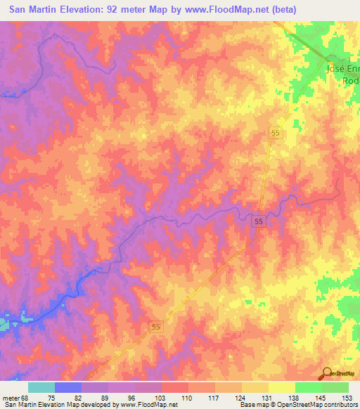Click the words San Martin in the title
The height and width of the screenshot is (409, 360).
(x=34, y=9)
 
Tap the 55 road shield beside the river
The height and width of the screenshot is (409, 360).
(x=259, y=221)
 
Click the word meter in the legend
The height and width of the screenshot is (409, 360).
(x=12, y=397)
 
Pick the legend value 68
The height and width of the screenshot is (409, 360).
(x=27, y=397)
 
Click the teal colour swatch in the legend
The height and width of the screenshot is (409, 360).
(x=41, y=387)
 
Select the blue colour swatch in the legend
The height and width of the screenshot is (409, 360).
(x=67, y=387)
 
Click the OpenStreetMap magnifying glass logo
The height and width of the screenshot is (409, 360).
(x=327, y=373)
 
